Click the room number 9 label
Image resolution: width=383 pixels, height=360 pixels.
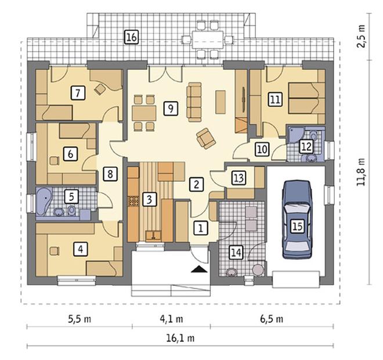171,108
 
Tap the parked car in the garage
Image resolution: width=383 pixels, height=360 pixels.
297,219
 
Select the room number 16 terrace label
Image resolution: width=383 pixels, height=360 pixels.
131,37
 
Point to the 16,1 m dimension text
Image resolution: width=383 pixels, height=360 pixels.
180,339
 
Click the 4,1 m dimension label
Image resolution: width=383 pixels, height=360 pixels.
171,319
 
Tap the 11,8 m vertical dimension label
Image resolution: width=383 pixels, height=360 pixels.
361,172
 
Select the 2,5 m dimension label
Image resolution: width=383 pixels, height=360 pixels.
361,36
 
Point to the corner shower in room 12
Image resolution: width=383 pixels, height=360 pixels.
294,134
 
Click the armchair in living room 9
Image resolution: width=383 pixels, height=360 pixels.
206,138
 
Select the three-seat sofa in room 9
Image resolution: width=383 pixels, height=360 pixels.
194,102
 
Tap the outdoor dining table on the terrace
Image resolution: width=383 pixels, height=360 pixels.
208,39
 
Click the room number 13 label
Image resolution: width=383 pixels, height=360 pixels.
239,178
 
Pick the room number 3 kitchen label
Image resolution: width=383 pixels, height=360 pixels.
149,199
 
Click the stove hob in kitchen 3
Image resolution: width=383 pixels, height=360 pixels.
133,201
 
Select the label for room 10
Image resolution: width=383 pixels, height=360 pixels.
262,149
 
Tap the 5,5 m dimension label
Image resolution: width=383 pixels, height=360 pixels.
80,319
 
